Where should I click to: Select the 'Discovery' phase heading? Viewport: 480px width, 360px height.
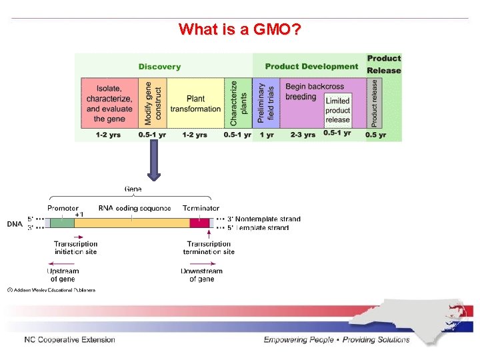[159, 67]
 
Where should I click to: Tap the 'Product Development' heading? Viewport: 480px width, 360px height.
[311, 67]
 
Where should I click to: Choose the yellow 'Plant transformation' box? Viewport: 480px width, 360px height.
[195, 103]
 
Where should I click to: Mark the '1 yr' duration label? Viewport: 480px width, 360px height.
[267, 135]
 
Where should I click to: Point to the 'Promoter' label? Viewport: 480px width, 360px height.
[63, 209]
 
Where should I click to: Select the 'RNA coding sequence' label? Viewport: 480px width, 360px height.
[135, 209]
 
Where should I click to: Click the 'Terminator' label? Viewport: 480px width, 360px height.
[201, 209]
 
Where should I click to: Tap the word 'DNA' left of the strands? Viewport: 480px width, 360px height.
[15, 223]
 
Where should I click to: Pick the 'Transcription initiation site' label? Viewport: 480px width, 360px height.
[75, 247]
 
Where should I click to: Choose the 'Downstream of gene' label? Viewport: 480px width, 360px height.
[201, 275]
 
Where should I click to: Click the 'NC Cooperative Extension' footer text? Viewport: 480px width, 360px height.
[69, 339]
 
